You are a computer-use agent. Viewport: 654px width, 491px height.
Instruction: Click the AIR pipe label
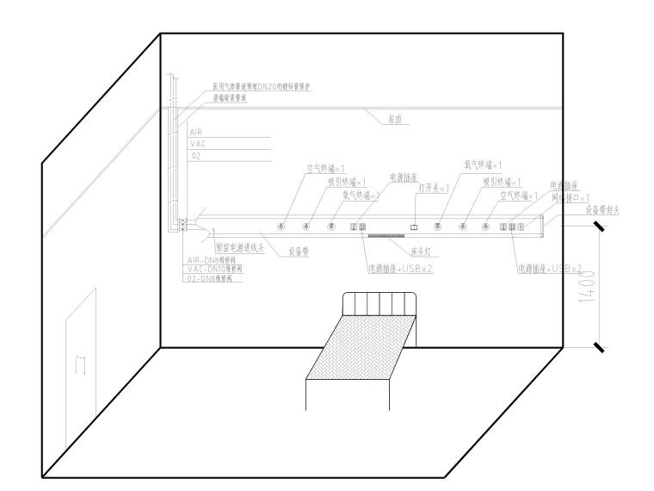coord(195,133)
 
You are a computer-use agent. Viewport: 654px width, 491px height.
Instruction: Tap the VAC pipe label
coord(196,145)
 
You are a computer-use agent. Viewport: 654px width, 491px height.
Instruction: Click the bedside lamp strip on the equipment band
coord(385,234)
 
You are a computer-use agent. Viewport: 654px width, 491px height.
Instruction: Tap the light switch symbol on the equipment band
coord(414,227)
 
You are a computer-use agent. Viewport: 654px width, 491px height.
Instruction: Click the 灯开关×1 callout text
coord(433,187)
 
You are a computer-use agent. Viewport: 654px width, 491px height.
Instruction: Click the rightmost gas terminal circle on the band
coord(485,226)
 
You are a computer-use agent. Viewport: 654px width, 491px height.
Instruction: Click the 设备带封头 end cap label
coord(602,208)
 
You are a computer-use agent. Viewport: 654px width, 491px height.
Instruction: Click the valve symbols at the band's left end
coord(182,226)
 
